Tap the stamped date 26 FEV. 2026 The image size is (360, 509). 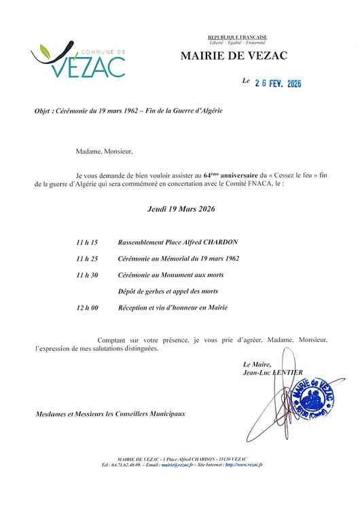pyautogui.click(x=277, y=83)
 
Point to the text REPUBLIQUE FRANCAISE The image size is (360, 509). pyautogui.click(x=237, y=37)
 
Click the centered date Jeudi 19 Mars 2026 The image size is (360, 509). pyautogui.click(x=181, y=210)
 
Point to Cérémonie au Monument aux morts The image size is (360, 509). pyautogui.click(x=170, y=275)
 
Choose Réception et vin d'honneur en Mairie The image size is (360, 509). pyautogui.click(x=173, y=307)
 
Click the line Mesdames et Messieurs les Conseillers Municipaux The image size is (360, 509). pyautogui.click(x=109, y=413)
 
